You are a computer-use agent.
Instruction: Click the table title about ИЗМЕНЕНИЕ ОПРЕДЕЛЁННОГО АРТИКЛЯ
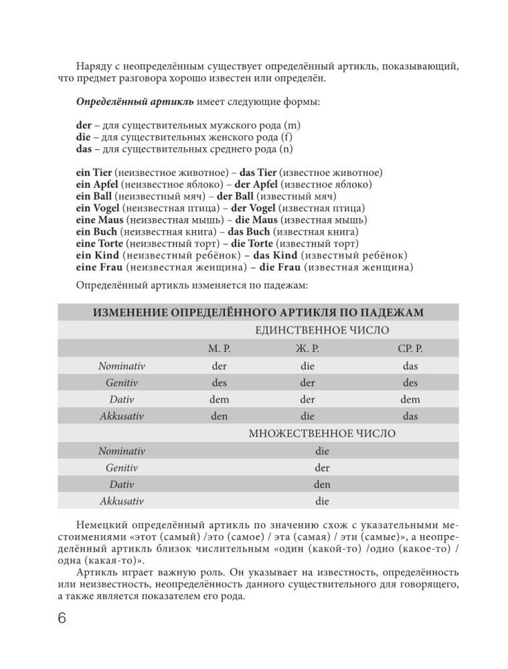tap(258, 313)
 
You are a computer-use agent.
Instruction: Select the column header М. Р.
tap(220, 349)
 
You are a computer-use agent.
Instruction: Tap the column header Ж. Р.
tap(307, 349)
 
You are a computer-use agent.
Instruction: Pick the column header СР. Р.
tap(410, 349)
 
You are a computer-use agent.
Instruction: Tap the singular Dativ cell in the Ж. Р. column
tap(307, 399)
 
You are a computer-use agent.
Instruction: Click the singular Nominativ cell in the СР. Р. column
tap(410, 366)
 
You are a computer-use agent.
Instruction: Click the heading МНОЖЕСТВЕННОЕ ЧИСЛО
tap(322, 434)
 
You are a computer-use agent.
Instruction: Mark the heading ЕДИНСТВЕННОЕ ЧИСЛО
tap(322, 330)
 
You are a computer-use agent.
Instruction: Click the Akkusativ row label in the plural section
tap(122, 500)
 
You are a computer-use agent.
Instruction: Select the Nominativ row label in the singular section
tap(122, 366)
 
